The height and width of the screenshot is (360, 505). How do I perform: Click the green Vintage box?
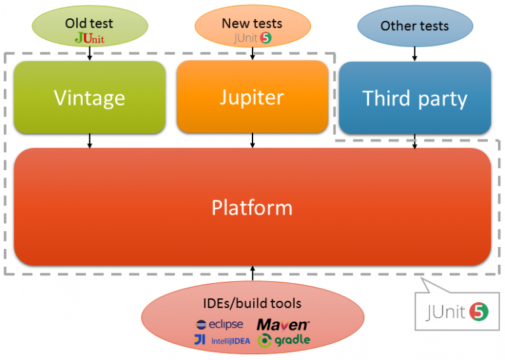(89, 98)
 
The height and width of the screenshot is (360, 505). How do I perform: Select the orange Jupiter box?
(252, 97)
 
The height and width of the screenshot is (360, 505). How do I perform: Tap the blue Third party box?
(415, 99)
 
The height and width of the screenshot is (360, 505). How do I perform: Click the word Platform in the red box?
(252, 208)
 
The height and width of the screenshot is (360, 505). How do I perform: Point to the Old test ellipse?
(89, 30)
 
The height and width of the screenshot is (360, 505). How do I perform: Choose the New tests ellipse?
(252, 30)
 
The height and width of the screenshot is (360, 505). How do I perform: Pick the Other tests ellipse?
(414, 27)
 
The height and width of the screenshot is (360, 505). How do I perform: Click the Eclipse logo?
(220, 325)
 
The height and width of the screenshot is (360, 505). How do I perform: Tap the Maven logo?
(283, 325)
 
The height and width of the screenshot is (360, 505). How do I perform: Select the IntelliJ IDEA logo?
(222, 340)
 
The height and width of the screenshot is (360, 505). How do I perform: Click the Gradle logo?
(283, 340)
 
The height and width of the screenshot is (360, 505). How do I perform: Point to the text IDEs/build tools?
(252, 304)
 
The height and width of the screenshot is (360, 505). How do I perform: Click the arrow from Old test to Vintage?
(89, 55)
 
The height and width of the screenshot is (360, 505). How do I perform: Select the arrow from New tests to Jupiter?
(252, 55)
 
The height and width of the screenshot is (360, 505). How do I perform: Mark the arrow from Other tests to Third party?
(414, 54)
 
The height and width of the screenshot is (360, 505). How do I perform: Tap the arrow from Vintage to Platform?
(89, 141)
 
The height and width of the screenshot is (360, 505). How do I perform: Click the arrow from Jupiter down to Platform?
(252, 140)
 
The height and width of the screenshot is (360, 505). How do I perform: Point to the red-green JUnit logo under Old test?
(89, 38)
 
